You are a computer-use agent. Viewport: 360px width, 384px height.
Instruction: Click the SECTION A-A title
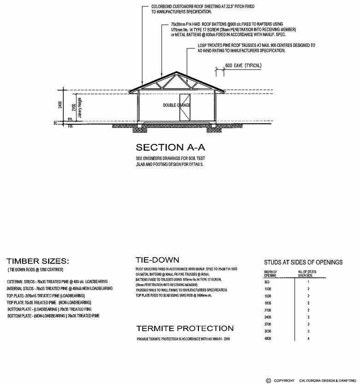coord(170,148)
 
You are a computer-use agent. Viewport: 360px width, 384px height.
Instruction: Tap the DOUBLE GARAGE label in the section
coord(177,106)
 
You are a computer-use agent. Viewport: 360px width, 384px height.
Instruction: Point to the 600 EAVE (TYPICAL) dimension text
coord(243,66)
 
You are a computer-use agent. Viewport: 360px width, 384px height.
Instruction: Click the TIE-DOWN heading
coord(157,260)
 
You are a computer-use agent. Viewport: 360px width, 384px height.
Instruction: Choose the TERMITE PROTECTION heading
coord(185,328)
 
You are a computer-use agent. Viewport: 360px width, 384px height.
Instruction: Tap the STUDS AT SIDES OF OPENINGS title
coord(303,262)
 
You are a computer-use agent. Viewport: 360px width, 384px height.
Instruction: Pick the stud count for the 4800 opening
coord(308,339)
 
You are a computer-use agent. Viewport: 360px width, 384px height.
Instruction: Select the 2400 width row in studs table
coord(267,317)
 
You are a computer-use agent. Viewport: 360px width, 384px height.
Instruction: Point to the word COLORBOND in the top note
coord(163,7)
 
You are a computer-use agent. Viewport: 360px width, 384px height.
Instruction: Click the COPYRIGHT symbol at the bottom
coord(268,381)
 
